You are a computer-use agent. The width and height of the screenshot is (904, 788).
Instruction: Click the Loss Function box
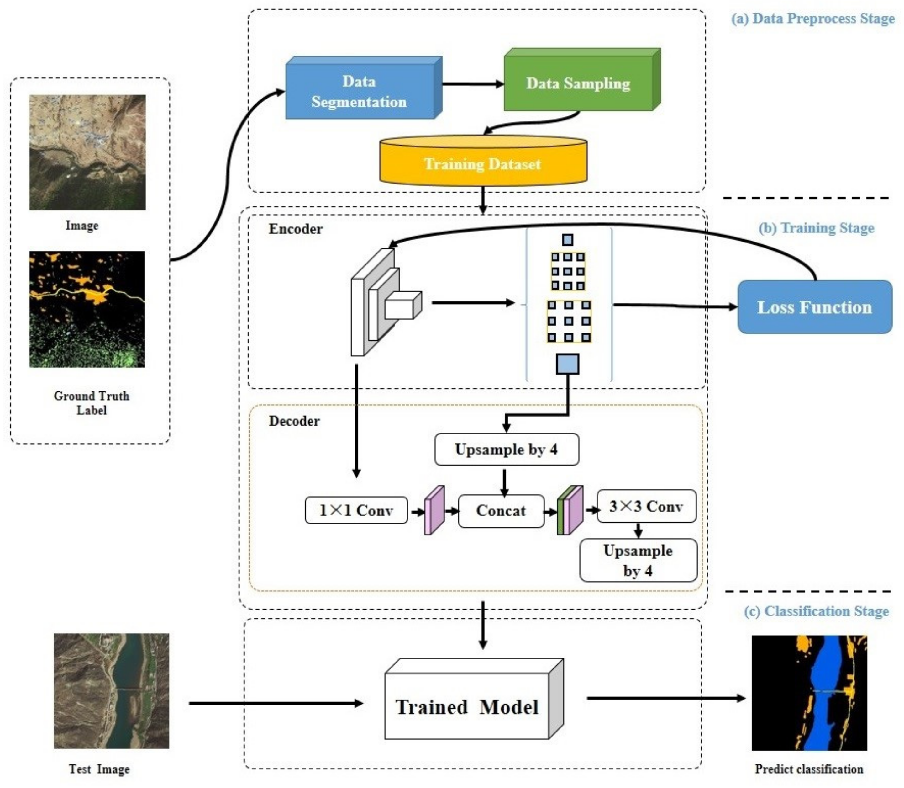click(814, 307)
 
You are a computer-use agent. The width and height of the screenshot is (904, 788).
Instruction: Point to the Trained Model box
click(467, 707)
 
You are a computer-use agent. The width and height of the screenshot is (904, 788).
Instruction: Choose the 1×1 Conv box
click(356, 510)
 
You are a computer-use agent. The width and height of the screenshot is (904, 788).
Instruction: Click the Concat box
click(501, 510)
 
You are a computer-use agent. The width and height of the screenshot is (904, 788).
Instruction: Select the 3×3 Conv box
click(646, 507)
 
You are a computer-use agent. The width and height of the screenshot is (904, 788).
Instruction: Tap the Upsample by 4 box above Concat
click(506, 450)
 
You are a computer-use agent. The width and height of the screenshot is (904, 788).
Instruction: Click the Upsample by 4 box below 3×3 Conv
click(638, 560)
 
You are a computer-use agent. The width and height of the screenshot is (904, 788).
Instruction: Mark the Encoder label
click(295, 229)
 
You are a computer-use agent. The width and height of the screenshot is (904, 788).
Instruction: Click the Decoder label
click(294, 421)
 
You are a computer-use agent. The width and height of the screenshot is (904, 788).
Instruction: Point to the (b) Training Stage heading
click(816, 228)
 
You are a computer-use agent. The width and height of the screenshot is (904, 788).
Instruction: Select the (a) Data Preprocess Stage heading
click(812, 19)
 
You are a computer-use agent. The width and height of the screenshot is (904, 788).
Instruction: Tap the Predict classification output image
click(809, 693)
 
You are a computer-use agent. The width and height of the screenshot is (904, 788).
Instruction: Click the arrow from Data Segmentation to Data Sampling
click(472, 83)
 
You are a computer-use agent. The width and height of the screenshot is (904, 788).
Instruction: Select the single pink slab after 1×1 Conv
click(434, 510)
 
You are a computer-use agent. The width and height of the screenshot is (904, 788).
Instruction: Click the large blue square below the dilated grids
click(567, 364)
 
